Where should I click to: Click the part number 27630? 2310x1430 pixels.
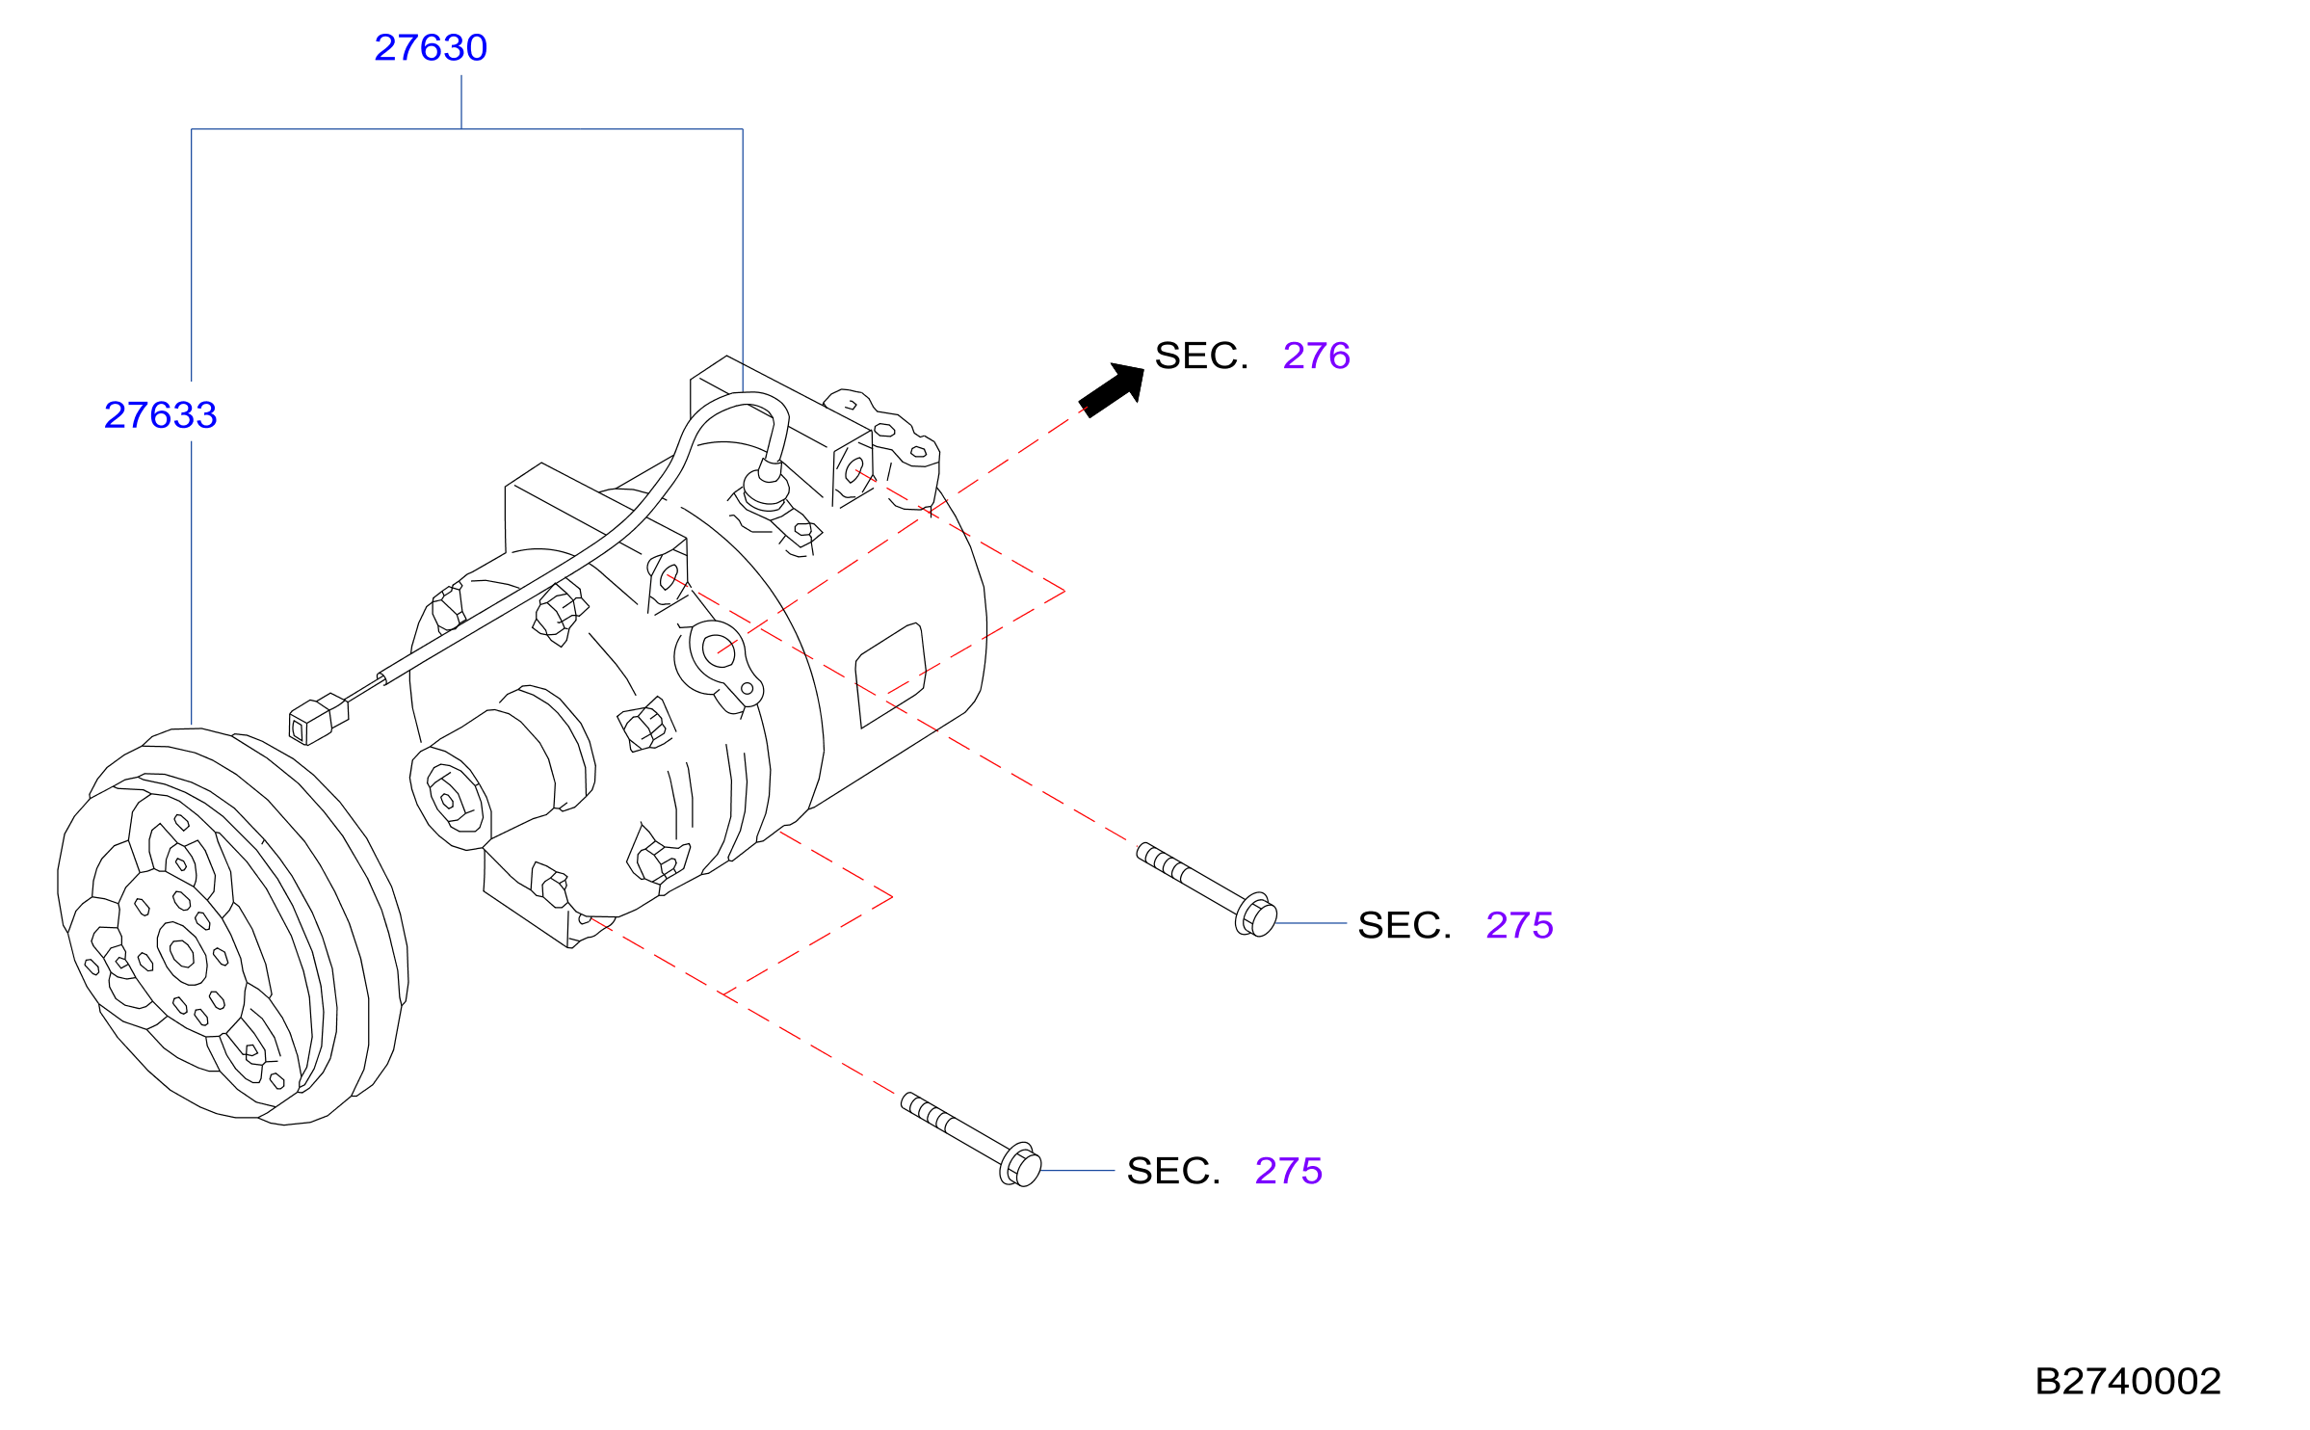(431, 48)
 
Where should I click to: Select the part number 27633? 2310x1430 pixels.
(161, 415)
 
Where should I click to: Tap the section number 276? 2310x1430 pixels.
(1316, 356)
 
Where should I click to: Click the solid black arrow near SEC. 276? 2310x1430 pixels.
(1113, 389)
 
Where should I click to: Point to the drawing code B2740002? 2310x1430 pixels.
(2127, 1381)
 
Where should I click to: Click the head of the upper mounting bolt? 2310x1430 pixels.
(1256, 914)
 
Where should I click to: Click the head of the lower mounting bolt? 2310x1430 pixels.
(1021, 1164)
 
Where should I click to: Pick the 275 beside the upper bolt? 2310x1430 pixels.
(1519, 925)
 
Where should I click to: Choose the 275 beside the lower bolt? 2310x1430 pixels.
(1288, 1171)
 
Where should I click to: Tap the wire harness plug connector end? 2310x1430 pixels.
(318, 720)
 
